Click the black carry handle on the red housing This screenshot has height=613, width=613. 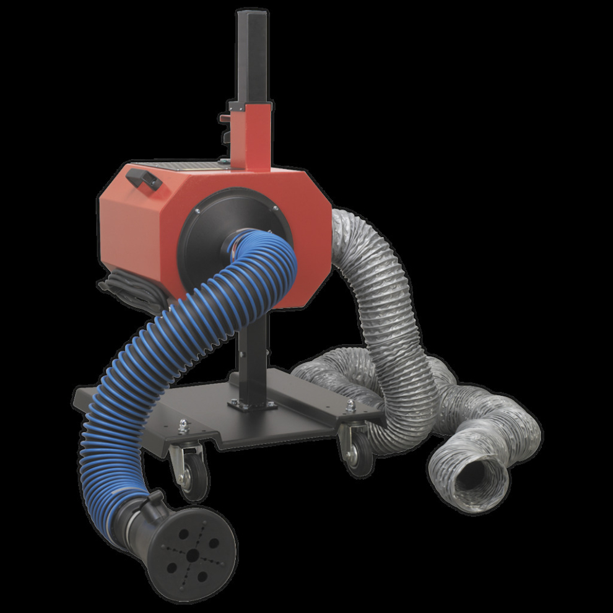click(144, 179)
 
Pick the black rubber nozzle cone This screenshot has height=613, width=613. click(186, 545)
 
